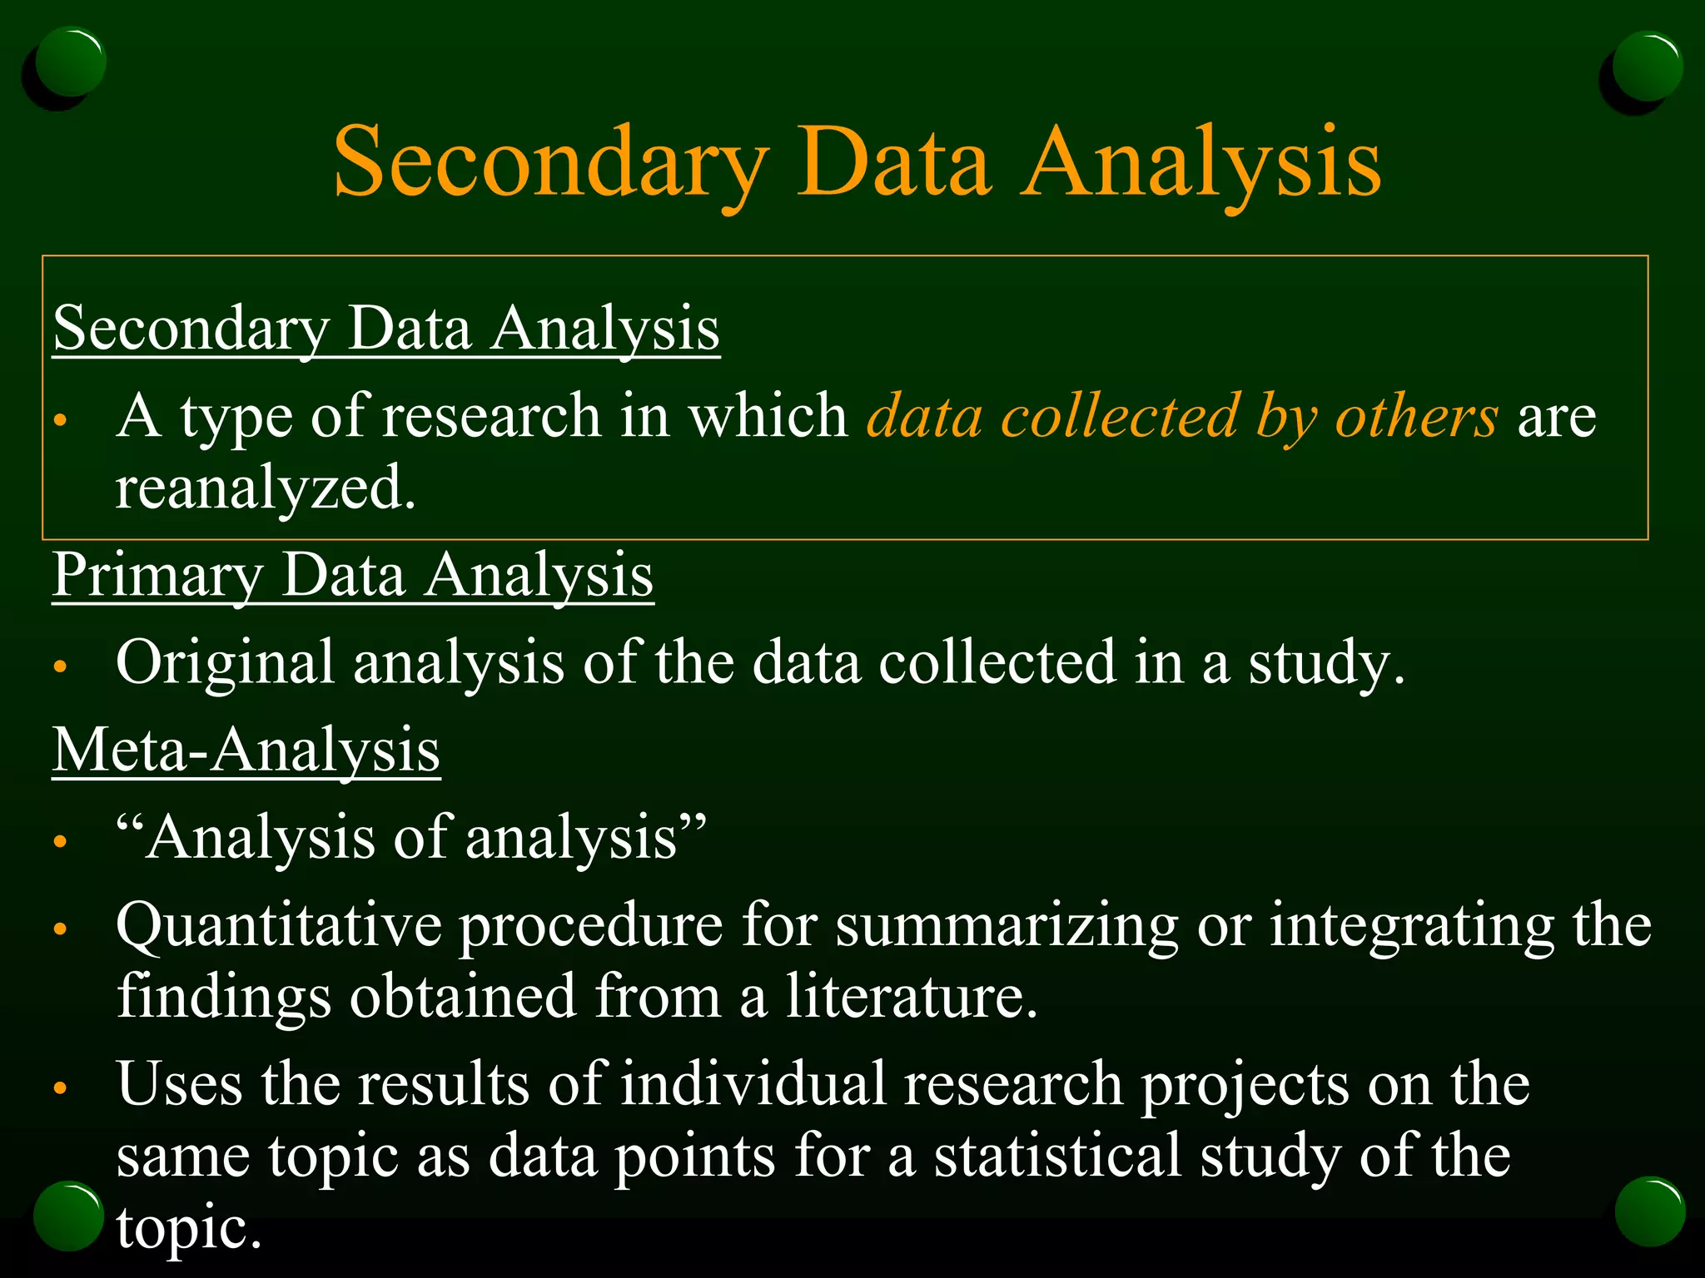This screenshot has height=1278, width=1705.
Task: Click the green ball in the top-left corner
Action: (71, 62)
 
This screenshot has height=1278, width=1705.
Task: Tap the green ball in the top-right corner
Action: (1647, 67)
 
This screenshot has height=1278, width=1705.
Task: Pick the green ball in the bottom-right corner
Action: (1650, 1211)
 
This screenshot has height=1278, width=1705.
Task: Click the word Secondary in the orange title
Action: (550, 162)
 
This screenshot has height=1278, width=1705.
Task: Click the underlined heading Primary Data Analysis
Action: (353, 575)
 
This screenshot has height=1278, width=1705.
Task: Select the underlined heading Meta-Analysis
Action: (246, 750)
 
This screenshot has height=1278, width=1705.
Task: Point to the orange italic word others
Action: (1416, 415)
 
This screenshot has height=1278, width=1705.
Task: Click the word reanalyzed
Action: (265, 488)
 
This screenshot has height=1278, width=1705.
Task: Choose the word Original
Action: (225, 662)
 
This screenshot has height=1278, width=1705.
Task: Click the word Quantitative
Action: (279, 924)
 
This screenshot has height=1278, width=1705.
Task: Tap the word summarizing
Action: (1007, 924)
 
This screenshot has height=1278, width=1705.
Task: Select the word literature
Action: (912, 996)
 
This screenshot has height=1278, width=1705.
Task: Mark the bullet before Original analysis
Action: (59, 666)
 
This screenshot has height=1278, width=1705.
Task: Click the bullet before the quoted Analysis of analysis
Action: (59, 841)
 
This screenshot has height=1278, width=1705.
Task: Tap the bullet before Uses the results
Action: (59, 1087)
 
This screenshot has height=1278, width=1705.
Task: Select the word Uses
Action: (179, 1084)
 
